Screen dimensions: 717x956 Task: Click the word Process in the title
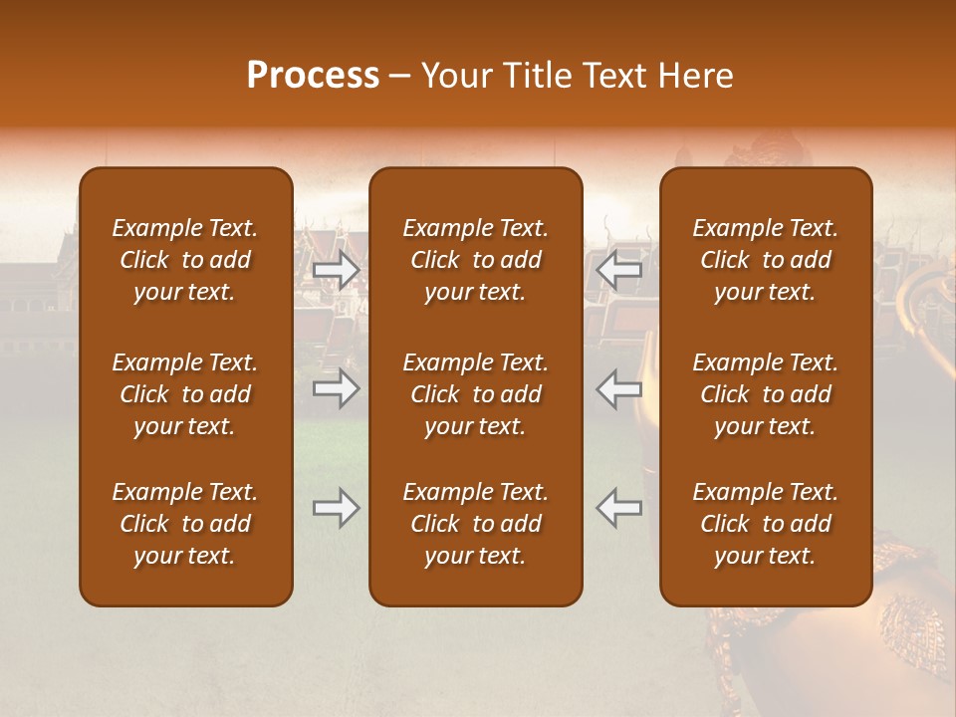click(313, 76)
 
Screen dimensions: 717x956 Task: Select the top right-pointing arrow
click(337, 270)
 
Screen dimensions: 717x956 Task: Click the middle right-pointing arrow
click(337, 389)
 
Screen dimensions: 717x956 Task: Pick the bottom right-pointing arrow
click(337, 508)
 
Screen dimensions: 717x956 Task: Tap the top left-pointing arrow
click(619, 270)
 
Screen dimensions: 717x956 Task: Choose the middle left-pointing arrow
click(619, 389)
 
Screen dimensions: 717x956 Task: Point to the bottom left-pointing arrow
click(619, 508)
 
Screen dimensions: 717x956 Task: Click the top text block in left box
click(185, 260)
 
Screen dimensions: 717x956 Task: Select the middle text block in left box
click(185, 394)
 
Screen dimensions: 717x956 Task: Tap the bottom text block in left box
click(185, 524)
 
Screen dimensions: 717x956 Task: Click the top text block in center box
click(476, 260)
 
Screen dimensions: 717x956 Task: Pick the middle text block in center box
click(476, 394)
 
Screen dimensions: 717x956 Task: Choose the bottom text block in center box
click(476, 524)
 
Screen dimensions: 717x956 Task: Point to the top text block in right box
click(766, 260)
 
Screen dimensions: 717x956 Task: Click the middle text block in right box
click(766, 394)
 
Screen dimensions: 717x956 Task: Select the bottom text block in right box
click(766, 524)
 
